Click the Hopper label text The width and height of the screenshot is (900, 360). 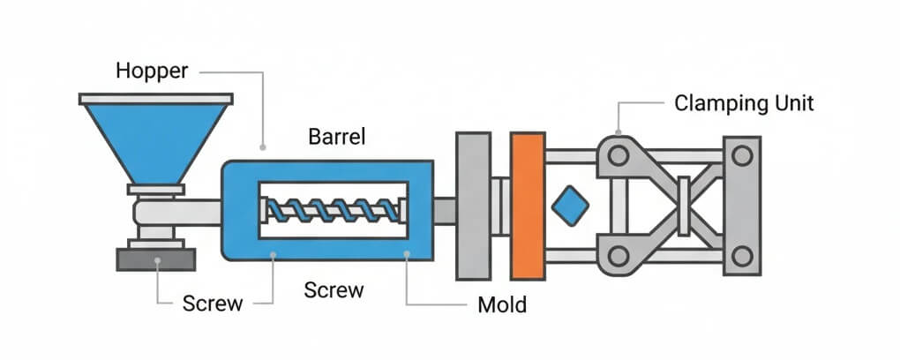pyautogui.click(x=152, y=71)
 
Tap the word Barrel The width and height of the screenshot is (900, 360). pyautogui.click(x=336, y=137)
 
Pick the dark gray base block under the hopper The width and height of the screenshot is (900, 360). pyautogui.click(x=156, y=259)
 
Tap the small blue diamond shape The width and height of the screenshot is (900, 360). pyautogui.click(x=569, y=206)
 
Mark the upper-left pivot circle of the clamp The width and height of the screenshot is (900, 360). pyautogui.click(x=618, y=156)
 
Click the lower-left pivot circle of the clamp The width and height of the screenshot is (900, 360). pyautogui.click(x=618, y=256)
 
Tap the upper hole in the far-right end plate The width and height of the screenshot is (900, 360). pyautogui.click(x=742, y=156)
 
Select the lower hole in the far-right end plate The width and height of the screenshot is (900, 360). pyautogui.click(x=742, y=256)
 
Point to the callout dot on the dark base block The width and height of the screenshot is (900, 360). pyautogui.click(x=157, y=260)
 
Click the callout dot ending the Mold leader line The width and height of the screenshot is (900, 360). pyautogui.click(x=407, y=256)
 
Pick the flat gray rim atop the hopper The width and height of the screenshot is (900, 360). pyautogui.click(x=155, y=99)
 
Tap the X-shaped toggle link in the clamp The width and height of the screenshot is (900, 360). pyautogui.click(x=683, y=205)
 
